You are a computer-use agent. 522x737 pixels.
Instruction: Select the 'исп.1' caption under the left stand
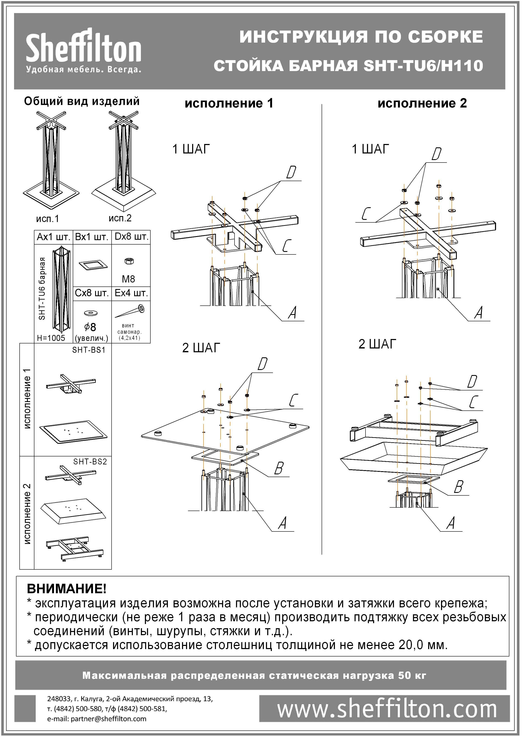click(47, 219)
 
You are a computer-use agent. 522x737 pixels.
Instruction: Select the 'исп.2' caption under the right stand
click(120, 218)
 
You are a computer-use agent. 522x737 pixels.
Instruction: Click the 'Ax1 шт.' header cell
click(53, 237)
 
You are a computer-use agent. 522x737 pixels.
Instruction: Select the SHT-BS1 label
click(89, 350)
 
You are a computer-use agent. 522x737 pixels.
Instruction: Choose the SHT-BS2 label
click(90, 462)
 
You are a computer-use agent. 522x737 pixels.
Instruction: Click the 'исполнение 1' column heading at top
click(229, 104)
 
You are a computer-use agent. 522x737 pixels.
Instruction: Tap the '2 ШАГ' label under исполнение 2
click(377, 344)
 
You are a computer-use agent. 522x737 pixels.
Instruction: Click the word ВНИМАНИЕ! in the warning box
click(66, 589)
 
